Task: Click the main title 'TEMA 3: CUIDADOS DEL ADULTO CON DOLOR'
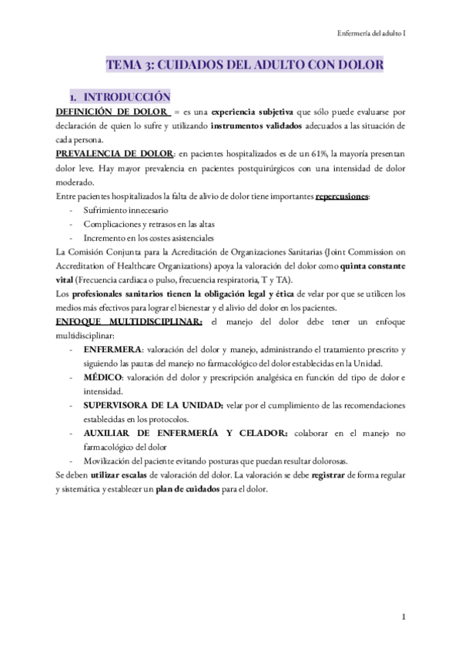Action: pos(244,67)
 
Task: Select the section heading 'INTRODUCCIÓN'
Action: pos(126,98)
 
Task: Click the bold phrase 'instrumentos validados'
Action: pos(256,126)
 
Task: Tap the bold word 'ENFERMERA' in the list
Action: pos(113,350)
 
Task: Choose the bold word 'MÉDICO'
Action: pos(104,378)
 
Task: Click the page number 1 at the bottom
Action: pos(403,617)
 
